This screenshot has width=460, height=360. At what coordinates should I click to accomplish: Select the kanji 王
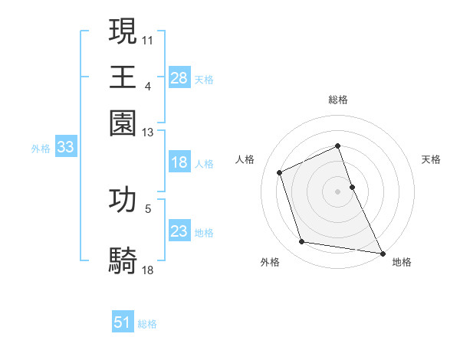click(x=123, y=77)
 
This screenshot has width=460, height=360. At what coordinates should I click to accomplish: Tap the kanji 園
click(x=123, y=123)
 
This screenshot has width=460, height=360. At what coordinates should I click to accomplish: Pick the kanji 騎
click(x=123, y=260)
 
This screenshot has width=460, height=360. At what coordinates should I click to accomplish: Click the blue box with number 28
click(x=179, y=77)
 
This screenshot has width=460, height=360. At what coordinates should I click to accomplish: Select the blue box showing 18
click(x=179, y=162)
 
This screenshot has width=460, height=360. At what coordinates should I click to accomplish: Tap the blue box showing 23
click(x=179, y=231)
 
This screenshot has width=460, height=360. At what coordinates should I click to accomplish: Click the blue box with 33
click(x=65, y=148)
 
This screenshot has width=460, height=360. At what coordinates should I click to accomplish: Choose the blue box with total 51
click(x=123, y=322)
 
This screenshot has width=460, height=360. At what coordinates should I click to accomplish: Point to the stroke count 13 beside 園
click(x=148, y=132)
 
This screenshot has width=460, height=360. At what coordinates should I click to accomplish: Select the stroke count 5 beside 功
click(x=148, y=208)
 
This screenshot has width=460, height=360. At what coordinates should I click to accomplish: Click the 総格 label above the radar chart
click(x=338, y=100)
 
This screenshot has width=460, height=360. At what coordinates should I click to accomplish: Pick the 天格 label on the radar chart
click(x=431, y=159)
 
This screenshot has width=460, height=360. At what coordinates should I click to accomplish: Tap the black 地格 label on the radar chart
click(x=402, y=262)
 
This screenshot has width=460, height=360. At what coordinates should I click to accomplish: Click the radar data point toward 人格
click(x=281, y=172)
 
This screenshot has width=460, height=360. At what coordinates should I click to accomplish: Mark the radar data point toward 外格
click(x=302, y=242)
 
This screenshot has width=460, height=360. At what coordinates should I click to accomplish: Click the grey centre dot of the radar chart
click(x=338, y=191)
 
